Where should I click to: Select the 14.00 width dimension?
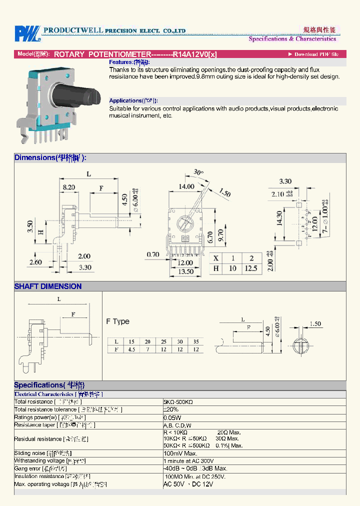point(187,186)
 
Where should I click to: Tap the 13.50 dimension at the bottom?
point(186,271)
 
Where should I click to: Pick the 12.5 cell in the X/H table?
point(250,268)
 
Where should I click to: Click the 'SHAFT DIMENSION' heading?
point(48,286)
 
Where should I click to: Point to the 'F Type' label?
point(118,321)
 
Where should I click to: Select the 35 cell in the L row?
point(195,341)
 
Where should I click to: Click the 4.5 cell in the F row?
point(131,349)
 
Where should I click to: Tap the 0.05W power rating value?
point(172,417)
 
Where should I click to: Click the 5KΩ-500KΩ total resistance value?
point(178,402)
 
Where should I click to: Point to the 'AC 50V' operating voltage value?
point(174,484)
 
